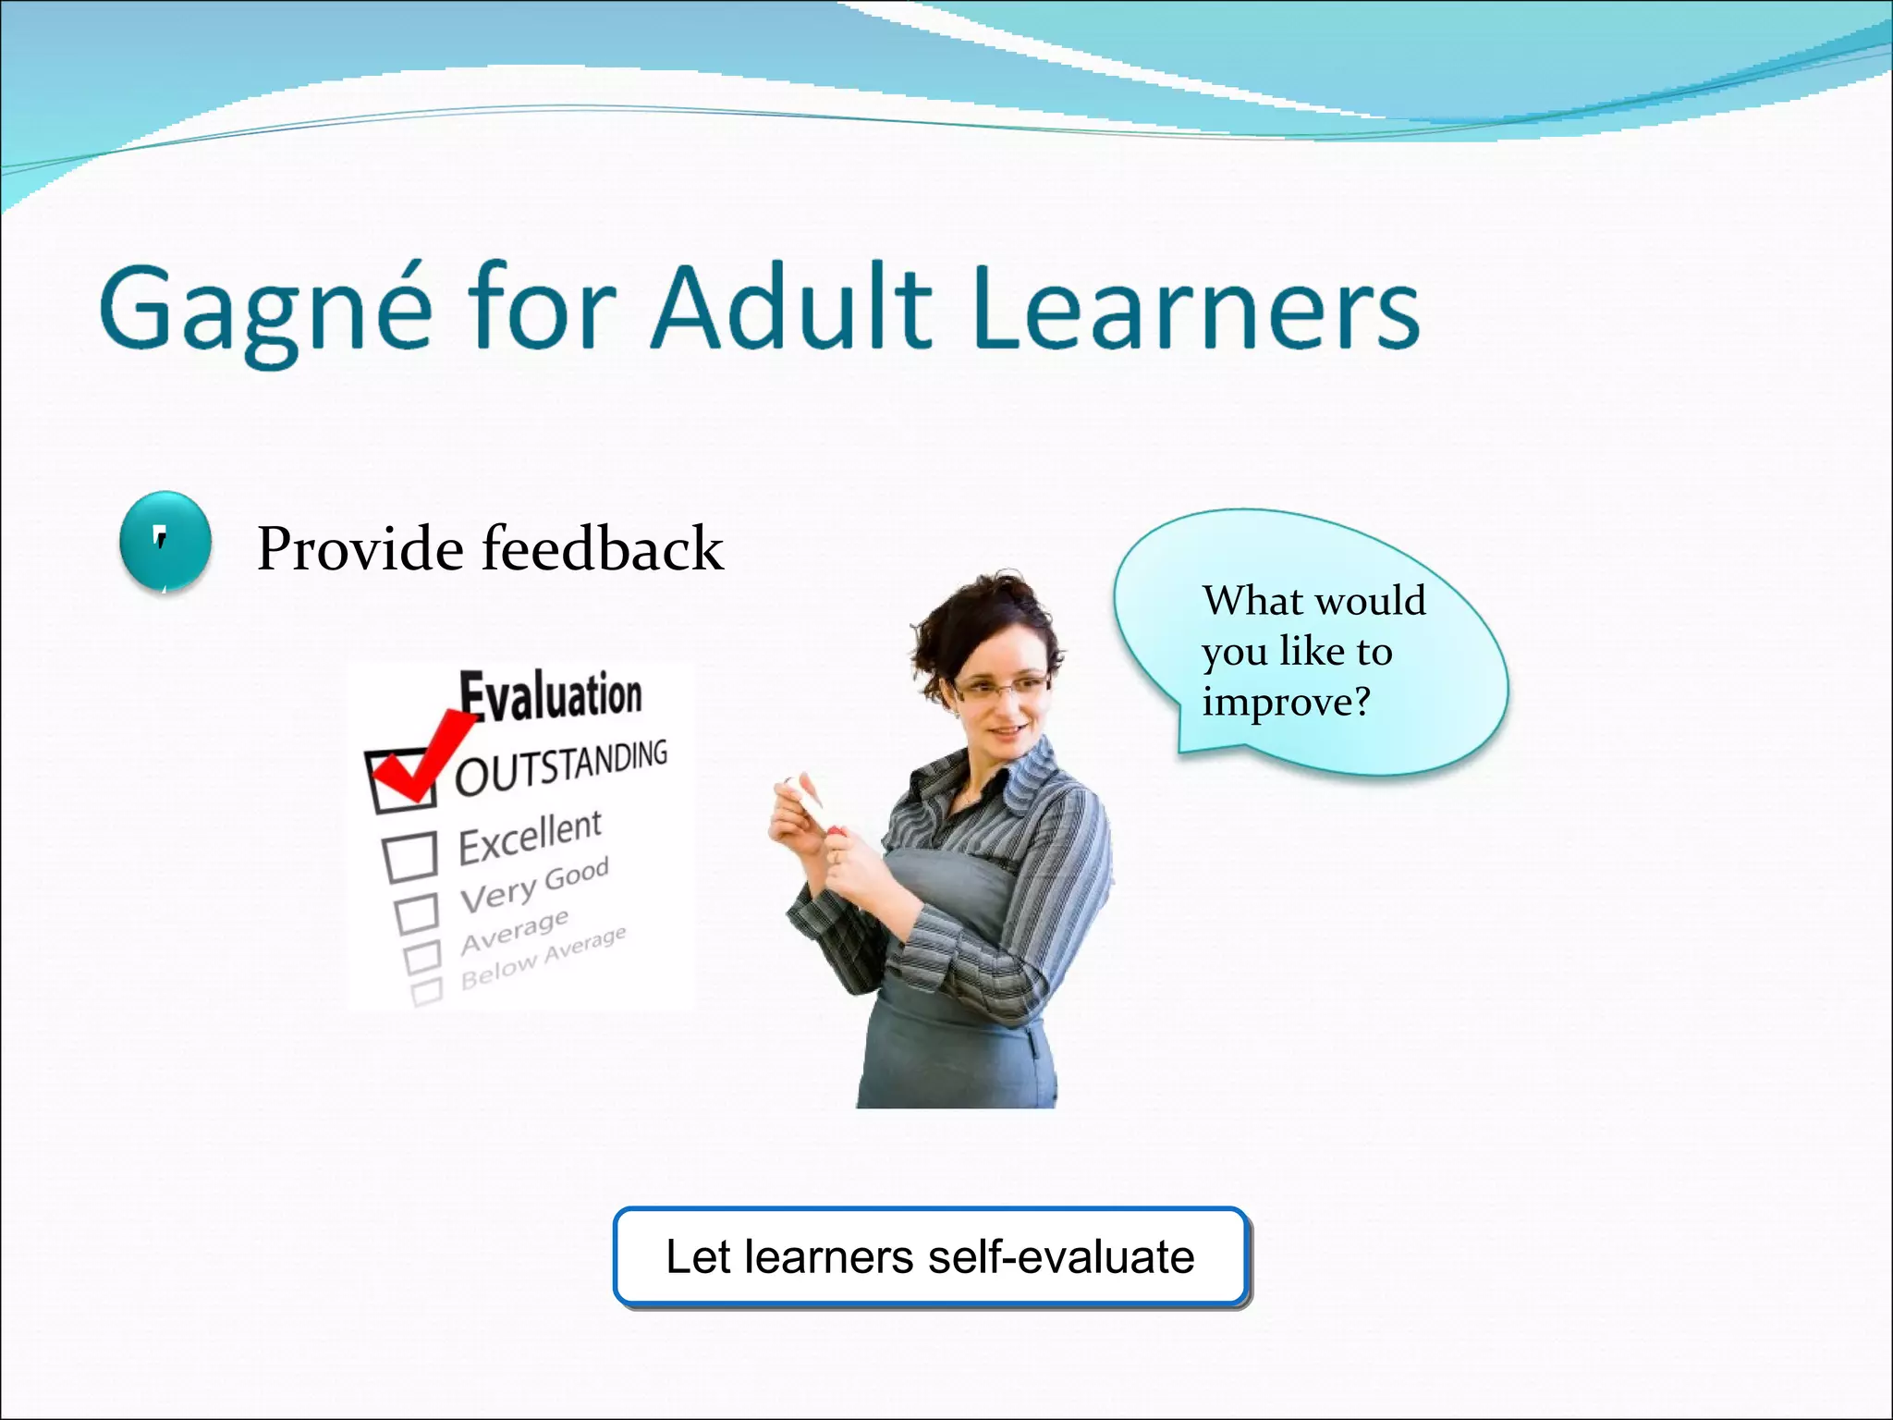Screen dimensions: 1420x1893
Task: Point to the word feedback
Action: pyautogui.click(x=603, y=548)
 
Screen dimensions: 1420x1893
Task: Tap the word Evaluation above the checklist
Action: pyautogui.click(x=551, y=695)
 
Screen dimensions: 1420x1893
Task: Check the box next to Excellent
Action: pyautogui.click(x=410, y=856)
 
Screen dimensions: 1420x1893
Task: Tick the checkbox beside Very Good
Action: pyautogui.click(x=416, y=912)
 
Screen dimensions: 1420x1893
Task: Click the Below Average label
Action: pyautogui.click(x=543, y=958)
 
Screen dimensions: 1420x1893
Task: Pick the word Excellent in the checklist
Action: pyautogui.click(x=530, y=837)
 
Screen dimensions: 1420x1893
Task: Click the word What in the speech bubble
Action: pyautogui.click(x=1242, y=601)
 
